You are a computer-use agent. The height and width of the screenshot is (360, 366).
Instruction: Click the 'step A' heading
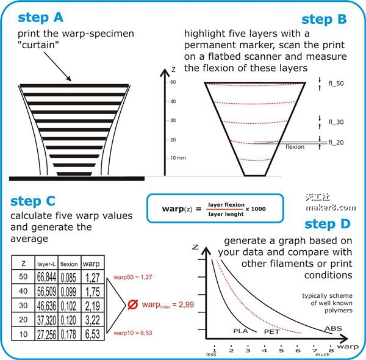pyautogui.click(x=40, y=18)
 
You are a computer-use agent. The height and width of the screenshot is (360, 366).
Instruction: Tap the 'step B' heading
pyautogui.click(x=324, y=19)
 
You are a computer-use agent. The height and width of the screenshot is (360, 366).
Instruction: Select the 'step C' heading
pyautogui.click(x=33, y=201)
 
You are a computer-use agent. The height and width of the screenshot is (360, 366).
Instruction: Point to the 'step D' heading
pyautogui.click(x=328, y=224)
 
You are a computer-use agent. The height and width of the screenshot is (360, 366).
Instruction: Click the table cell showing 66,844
pyautogui.click(x=46, y=277)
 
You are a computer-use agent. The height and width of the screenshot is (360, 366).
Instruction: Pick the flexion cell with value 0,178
pyautogui.click(x=68, y=334)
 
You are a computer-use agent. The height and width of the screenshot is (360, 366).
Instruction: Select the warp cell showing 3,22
pyautogui.click(x=93, y=320)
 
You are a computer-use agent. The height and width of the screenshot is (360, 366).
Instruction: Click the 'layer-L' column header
pyautogui.click(x=46, y=264)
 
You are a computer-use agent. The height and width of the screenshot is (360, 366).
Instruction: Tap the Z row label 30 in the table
pyautogui.click(x=23, y=305)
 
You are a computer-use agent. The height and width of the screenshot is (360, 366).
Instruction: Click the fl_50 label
pyautogui.click(x=336, y=84)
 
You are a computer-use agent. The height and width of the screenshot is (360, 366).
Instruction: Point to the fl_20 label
pyautogui.click(x=336, y=142)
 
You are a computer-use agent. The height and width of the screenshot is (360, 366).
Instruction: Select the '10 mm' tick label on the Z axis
pyautogui.click(x=178, y=158)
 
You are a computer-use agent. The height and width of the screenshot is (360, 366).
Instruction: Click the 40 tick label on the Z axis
pyautogui.click(x=173, y=101)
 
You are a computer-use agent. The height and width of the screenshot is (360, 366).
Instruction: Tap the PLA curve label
pyautogui.click(x=240, y=331)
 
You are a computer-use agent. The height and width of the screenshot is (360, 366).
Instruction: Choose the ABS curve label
pyautogui.click(x=333, y=328)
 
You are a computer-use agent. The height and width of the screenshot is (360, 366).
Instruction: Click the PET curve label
pyautogui.click(x=271, y=332)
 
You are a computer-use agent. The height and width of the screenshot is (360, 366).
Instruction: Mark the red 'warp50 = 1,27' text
pyautogui.click(x=133, y=277)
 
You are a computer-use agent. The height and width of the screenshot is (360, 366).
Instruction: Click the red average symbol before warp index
pyautogui.click(x=133, y=304)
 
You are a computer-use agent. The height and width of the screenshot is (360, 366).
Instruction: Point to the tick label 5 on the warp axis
pyautogui.click(x=281, y=350)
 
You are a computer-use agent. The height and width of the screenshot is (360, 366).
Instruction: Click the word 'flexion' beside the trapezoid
pyautogui.click(x=295, y=147)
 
